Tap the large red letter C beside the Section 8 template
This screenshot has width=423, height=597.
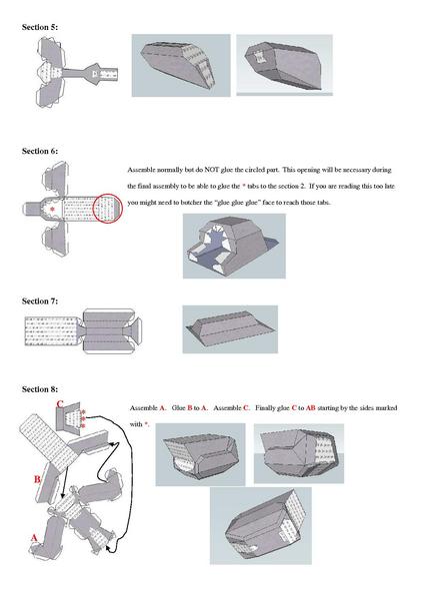pos(60,404)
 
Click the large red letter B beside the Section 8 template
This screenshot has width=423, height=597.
pos(37,480)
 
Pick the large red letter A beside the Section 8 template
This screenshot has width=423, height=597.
pos(35,537)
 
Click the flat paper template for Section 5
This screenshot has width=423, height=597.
pos(76,75)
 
